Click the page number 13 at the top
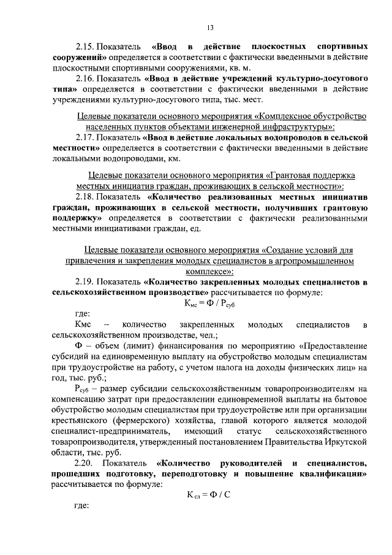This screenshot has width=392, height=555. (x=209, y=28)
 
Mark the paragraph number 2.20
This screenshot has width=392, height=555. (x=85, y=461)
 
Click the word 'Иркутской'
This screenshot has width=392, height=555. (x=345, y=440)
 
